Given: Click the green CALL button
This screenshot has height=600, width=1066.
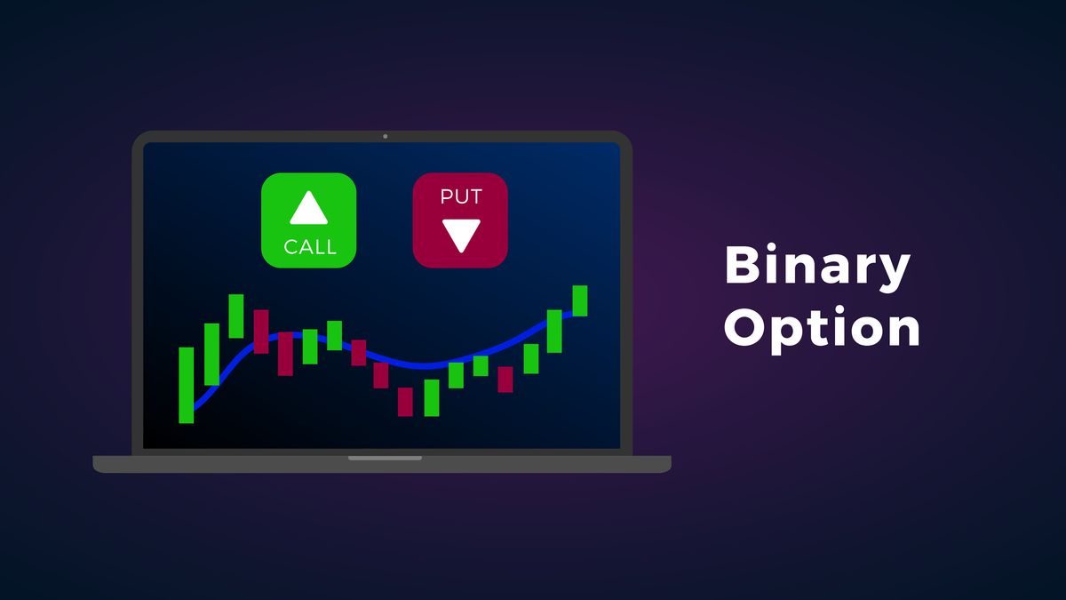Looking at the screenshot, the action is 309,220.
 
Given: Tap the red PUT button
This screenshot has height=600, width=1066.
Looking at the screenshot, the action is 460,220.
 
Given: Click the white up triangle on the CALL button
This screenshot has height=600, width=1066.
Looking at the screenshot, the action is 309,208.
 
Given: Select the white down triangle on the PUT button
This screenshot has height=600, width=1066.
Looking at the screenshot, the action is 461,236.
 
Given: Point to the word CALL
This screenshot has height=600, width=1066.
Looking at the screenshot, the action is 310,247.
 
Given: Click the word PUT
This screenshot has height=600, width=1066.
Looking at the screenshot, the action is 461,196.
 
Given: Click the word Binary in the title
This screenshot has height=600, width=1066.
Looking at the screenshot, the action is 817,266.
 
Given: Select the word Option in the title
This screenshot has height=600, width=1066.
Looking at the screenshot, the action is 822,329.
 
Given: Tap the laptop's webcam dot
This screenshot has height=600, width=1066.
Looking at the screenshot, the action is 385,137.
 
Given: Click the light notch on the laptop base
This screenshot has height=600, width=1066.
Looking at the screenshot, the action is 385,458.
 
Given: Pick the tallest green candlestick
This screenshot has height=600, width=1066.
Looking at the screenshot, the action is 186,385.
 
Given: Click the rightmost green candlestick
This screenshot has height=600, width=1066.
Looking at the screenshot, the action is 579,301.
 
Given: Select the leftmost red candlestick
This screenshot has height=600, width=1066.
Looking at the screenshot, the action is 261,332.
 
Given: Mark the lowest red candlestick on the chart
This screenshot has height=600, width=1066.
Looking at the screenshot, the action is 405,402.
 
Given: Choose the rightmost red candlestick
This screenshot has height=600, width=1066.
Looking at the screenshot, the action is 505,379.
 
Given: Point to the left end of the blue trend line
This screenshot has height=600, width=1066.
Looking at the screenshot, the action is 195,409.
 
